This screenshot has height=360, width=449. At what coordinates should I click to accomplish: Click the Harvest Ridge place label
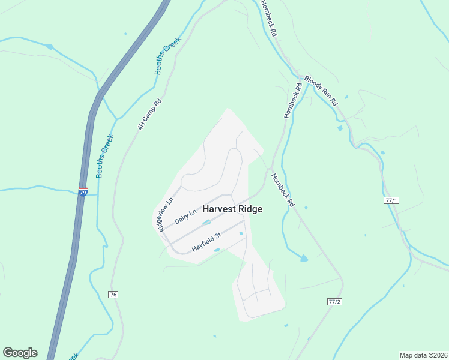click(x=232, y=209)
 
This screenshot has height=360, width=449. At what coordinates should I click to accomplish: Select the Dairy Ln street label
click(x=185, y=217)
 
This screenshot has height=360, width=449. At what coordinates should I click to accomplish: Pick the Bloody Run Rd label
click(x=321, y=91)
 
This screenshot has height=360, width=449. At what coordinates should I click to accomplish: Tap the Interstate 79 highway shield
click(x=83, y=191)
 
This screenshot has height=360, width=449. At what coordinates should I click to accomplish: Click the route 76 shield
click(x=113, y=294)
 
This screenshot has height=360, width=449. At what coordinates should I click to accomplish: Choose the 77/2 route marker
click(x=335, y=301)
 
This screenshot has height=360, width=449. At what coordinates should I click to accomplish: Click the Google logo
click(x=20, y=353)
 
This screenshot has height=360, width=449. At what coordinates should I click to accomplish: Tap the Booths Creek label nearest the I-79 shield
click(x=104, y=156)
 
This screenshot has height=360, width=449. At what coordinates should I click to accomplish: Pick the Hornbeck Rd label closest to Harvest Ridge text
click(x=282, y=190)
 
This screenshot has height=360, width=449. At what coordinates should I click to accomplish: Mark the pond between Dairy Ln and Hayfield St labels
click(x=206, y=223)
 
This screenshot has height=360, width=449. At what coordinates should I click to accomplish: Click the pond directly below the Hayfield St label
click(x=217, y=250)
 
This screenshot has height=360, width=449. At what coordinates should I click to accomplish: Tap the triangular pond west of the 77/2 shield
click(x=304, y=258)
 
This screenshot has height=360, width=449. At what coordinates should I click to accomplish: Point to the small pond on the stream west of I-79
click(x=50, y=47)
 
